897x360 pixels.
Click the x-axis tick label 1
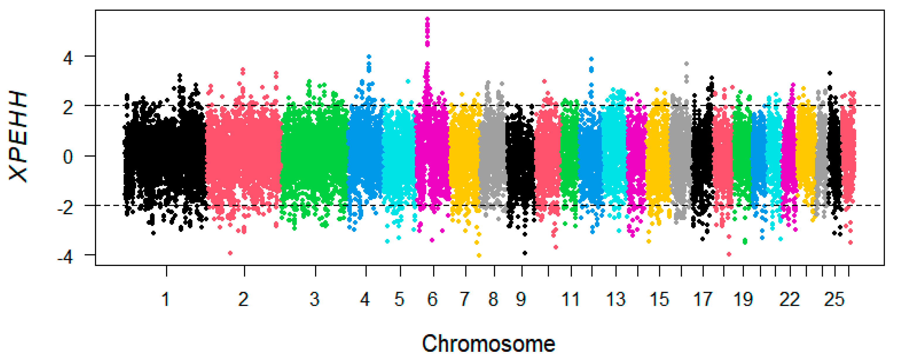166,299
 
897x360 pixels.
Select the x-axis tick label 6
432,299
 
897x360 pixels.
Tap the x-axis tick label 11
570,299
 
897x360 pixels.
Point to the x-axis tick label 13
616,299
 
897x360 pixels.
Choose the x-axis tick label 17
703,299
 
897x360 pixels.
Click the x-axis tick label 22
789,299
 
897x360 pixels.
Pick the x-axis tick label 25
834,299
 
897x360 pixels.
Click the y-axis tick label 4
68,58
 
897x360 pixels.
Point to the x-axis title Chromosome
488,344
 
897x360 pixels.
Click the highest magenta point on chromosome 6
427,19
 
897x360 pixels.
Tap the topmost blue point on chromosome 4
369,56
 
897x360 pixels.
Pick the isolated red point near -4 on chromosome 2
230,253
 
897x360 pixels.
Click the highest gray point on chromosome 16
686,64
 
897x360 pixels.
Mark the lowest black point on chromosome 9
525,253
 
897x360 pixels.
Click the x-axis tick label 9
521,299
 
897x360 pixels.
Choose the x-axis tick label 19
743,299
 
